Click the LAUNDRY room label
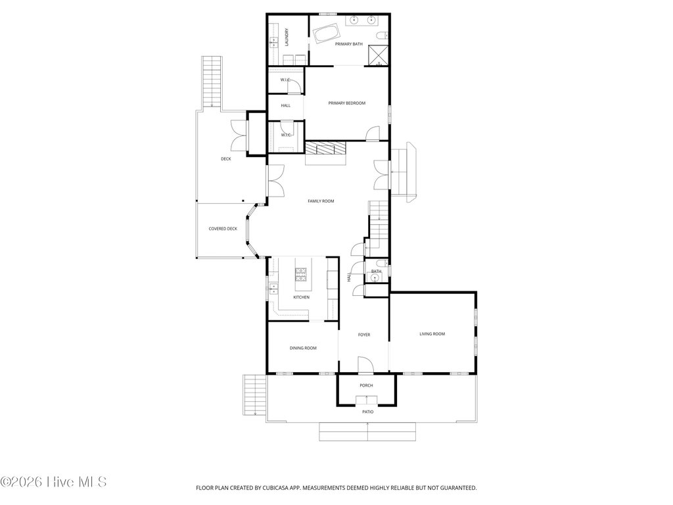coord(287,37)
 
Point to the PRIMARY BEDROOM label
coord(347,103)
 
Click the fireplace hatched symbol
coord(325,148)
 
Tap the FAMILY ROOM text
coord(321,201)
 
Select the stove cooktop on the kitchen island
coord(300,274)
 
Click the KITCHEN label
coord(301,297)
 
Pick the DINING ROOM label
coord(303,349)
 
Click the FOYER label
coord(364,335)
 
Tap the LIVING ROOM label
coord(432,333)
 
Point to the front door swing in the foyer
coord(365,364)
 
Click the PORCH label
coord(366,385)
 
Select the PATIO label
coord(368,412)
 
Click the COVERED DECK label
coord(223,229)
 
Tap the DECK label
coord(226,159)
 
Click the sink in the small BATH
coord(375,278)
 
